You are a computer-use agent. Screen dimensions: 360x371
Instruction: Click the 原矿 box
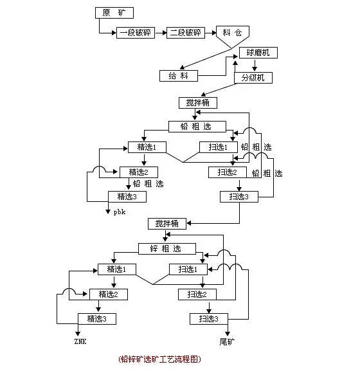click(114, 13)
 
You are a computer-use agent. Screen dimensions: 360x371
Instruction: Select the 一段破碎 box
click(136, 33)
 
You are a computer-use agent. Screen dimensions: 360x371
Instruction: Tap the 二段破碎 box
click(186, 33)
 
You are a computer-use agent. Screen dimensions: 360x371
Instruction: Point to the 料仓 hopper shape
click(233, 35)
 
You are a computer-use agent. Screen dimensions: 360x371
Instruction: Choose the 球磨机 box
click(258, 53)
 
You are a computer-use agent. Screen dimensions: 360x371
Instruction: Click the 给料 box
click(179, 76)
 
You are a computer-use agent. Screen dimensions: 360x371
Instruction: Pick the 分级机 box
click(253, 78)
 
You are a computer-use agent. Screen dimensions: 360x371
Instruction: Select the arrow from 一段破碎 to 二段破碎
click(161, 33)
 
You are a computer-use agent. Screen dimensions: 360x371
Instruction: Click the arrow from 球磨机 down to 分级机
click(255, 66)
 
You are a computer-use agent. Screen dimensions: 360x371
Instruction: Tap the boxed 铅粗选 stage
click(197, 127)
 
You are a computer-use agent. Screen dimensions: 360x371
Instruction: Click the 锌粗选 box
click(167, 249)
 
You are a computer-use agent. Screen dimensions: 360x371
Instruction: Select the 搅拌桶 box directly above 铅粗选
click(198, 103)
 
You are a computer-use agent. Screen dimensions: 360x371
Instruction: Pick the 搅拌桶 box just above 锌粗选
click(167, 224)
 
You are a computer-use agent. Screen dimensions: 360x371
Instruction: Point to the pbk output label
click(120, 212)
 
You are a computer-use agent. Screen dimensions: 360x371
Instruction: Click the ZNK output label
click(80, 341)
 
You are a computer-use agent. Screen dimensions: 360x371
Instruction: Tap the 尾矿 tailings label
click(227, 341)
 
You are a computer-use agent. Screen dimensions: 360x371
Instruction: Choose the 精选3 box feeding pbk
click(127, 197)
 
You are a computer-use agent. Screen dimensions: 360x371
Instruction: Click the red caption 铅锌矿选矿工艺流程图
click(159, 359)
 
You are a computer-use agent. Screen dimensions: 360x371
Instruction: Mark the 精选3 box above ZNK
click(97, 319)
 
